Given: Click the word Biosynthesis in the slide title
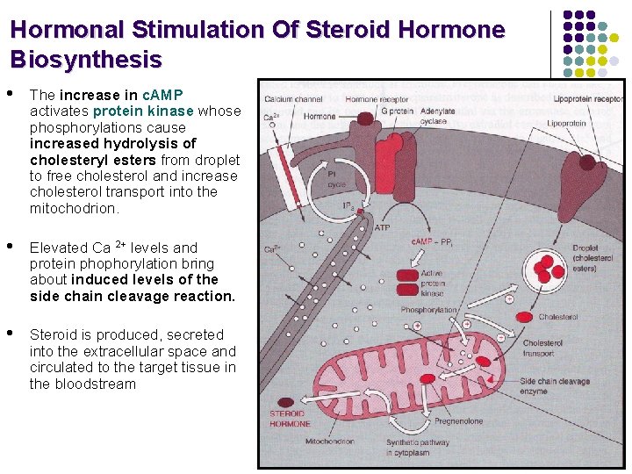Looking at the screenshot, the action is click(x=86, y=60).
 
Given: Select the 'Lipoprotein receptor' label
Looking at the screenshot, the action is click(x=589, y=99).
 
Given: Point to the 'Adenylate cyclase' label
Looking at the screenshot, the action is click(x=438, y=116).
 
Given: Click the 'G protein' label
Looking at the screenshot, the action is click(x=397, y=111).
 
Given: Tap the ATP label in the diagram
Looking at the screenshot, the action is click(x=382, y=227).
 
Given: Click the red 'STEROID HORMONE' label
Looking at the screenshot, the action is click(x=289, y=418).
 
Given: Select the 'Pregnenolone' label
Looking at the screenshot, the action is click(x=458, y=421).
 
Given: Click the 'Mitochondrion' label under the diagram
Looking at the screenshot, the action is click(x=330, y=442).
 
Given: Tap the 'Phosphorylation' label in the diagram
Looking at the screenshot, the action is click(x=428, y=310).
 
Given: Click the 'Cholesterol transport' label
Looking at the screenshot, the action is click(x=542, y=348).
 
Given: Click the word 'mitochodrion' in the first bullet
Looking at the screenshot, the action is click(x=74, y=208).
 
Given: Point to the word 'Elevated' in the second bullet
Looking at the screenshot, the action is click(x=58, y=248).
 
